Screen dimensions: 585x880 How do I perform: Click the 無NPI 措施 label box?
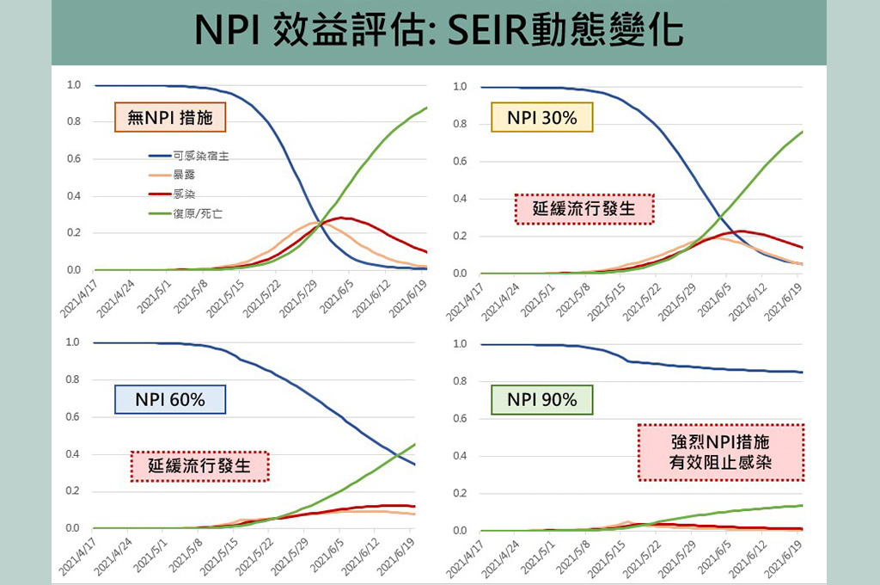pyautogui.click(x=170, y=118)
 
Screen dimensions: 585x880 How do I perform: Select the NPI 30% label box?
pyautogui.click(x=541, y=118)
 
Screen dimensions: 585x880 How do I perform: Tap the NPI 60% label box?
pyautogui.click(x=169, y=399)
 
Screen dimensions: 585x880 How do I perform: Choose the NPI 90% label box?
pyautogui.click(x=541, y=399)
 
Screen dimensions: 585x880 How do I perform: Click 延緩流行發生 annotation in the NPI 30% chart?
pyautogui.click(x=584, y=209)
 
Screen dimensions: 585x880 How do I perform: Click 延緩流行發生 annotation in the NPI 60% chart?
pyautogui.click(x=199, y=465)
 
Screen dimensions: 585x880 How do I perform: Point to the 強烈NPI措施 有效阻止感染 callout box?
pyautogui.click(x=721, y=453)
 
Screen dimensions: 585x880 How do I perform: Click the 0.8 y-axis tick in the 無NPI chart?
pyautogui.click(x=73, y=122)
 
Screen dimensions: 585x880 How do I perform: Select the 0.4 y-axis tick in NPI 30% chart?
pyautogui.click(x=459, y=199)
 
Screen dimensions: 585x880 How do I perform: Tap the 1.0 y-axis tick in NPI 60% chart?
pyautogui.click(x=73, y=342)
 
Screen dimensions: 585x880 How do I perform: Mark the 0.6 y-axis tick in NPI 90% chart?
pyautogui.click(x=459, y=419)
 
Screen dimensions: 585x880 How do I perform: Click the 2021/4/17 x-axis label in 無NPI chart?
pyautogui.click(x=79, y=295)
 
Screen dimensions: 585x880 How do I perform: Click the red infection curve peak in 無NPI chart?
pyautogui.click(x=341, y=218)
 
